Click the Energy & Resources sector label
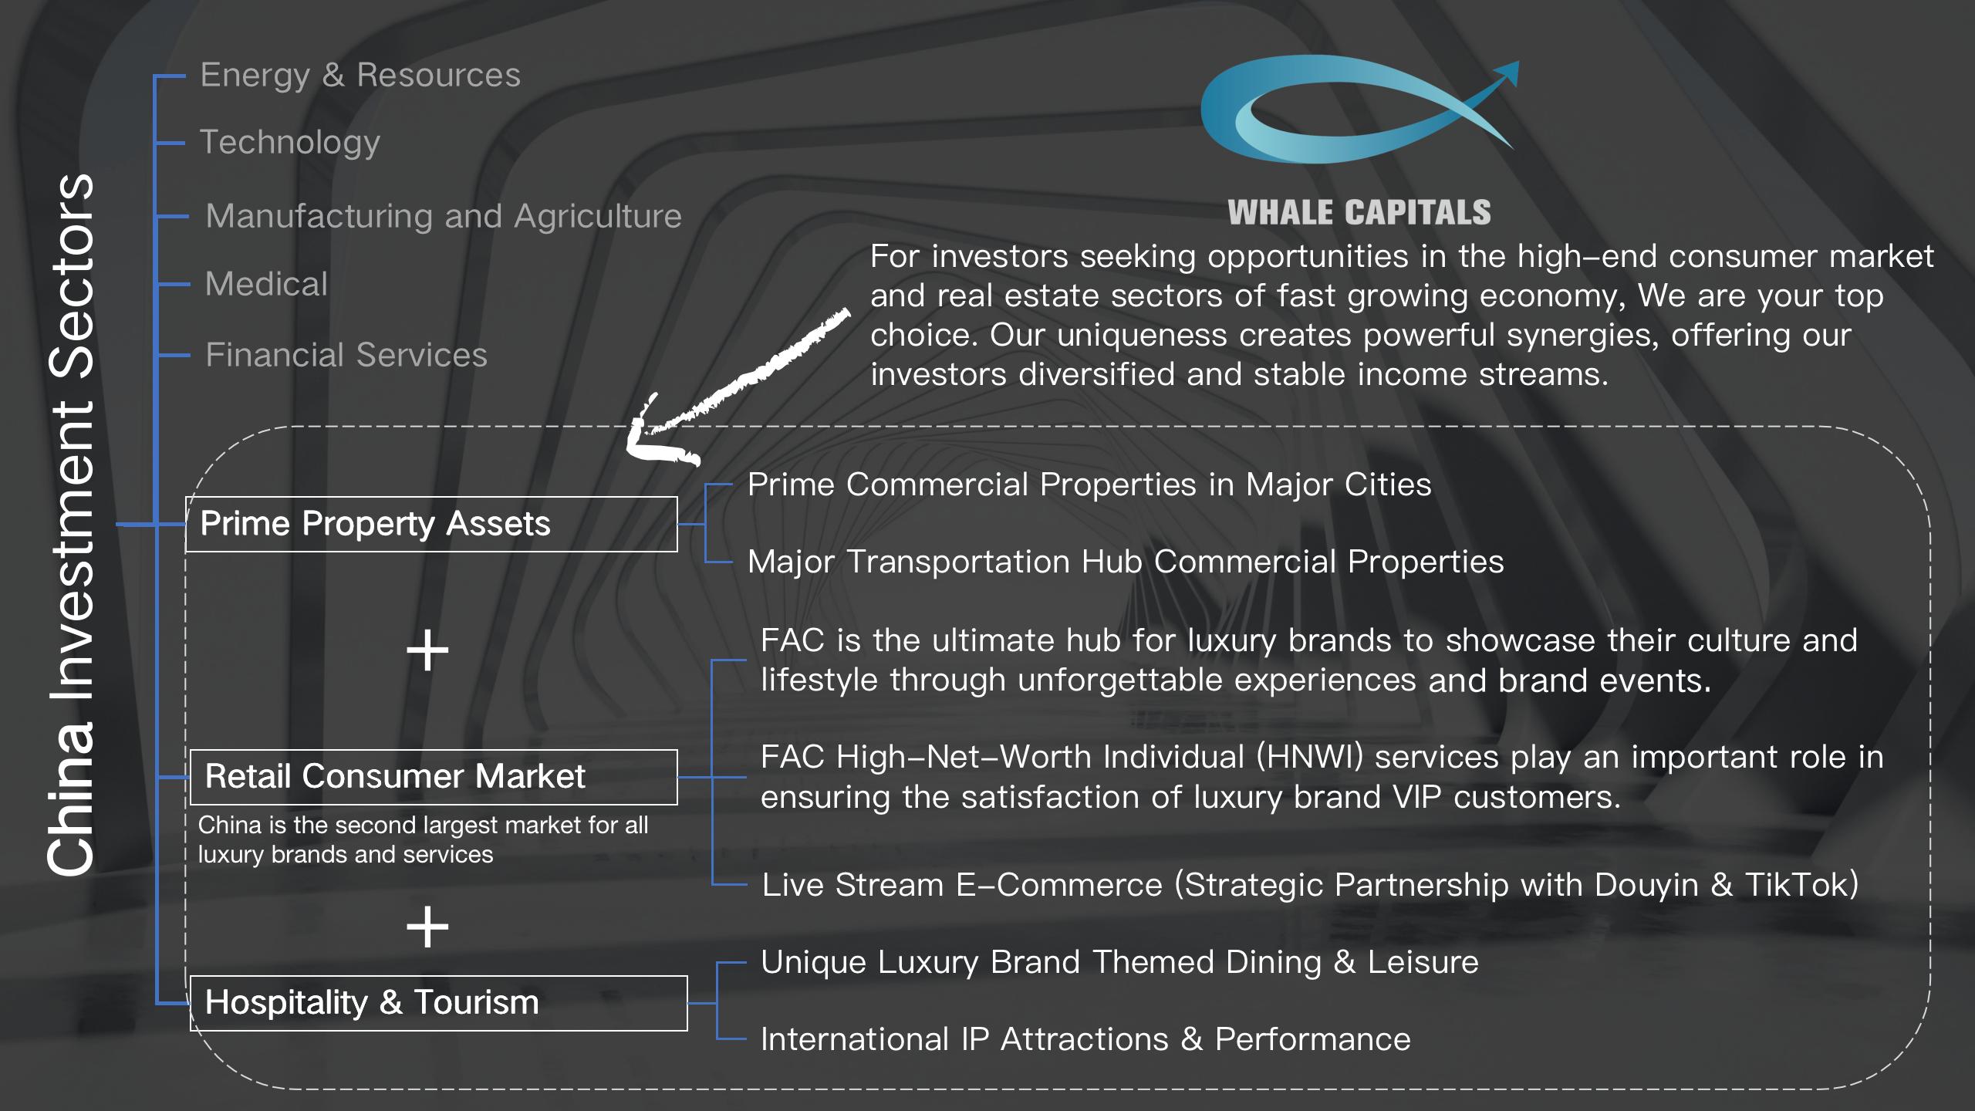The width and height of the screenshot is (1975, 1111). pos(360,76)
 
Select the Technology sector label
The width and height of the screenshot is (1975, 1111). pos(290,143)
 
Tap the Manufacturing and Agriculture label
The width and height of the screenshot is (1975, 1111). pos(444,216)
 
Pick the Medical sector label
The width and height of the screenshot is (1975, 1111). pos(266,284)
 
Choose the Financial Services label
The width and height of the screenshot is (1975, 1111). pos(346,355)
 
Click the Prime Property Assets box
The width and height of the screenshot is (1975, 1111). pos(431,524)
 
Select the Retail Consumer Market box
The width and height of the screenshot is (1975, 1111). pos(434,777)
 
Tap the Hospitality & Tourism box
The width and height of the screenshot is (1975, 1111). pos(438,1003)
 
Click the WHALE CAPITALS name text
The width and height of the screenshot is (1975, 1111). pos(1359,213)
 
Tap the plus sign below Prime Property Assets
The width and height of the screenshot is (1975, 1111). pos(427,651)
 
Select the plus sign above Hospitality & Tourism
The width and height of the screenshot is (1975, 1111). pos(427,927)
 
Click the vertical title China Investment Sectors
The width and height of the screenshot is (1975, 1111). pos(70,524)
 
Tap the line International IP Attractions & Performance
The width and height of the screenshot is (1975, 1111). pos(1085,1039)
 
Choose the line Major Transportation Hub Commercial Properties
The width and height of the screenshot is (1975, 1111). pos(1126,562)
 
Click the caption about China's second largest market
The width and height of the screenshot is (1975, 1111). pos(423,839)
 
